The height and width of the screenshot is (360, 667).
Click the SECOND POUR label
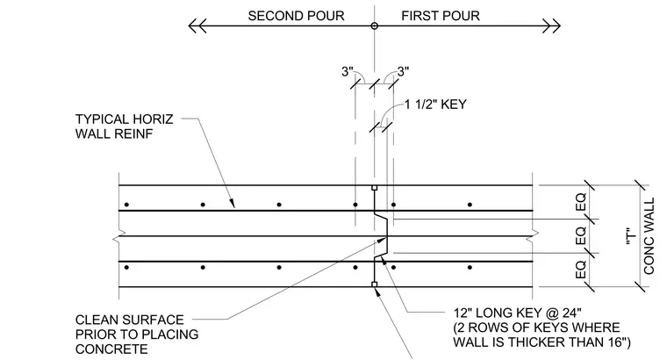pos(296,16)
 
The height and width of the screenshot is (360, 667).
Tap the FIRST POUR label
pos(441,16)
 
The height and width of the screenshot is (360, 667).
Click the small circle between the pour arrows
pos(375,26)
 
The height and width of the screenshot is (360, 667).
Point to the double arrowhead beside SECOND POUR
pos(197,26)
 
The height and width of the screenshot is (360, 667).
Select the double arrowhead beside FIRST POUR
pos(552,26)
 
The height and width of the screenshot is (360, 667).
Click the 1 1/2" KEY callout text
pos(435,104)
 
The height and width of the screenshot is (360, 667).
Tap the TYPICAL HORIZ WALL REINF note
pos(125,126)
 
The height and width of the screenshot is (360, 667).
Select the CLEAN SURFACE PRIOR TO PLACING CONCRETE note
pos(137,335)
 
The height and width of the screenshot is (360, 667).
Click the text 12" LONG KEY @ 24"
pos(517,313)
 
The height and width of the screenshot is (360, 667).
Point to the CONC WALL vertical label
pos(649,236)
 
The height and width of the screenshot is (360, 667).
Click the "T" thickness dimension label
pos(631,236)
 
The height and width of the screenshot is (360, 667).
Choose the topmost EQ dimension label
pos(581,202)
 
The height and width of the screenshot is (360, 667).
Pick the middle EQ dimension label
pos(581,235)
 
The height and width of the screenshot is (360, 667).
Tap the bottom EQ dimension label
pos(581,270)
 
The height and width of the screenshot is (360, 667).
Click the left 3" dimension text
pos(348,72)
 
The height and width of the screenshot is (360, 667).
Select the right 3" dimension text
pos(403,71)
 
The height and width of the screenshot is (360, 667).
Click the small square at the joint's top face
pos(375,188)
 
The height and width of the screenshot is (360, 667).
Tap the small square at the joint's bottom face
pos(375,284)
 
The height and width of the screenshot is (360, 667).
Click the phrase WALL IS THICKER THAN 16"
pos(542,342)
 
